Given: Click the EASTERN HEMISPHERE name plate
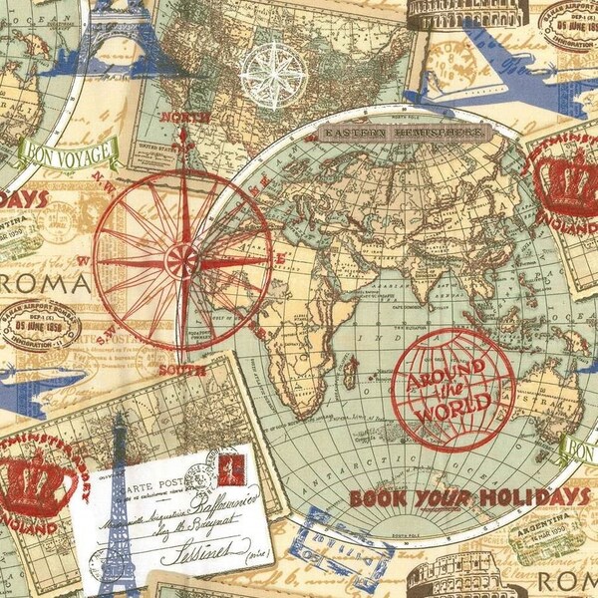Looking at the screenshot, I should coord(405,133).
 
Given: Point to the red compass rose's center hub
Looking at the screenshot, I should coord(182,261).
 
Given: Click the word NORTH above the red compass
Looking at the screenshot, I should coord(191,118).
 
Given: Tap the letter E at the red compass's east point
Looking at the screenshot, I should coord(282,255).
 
